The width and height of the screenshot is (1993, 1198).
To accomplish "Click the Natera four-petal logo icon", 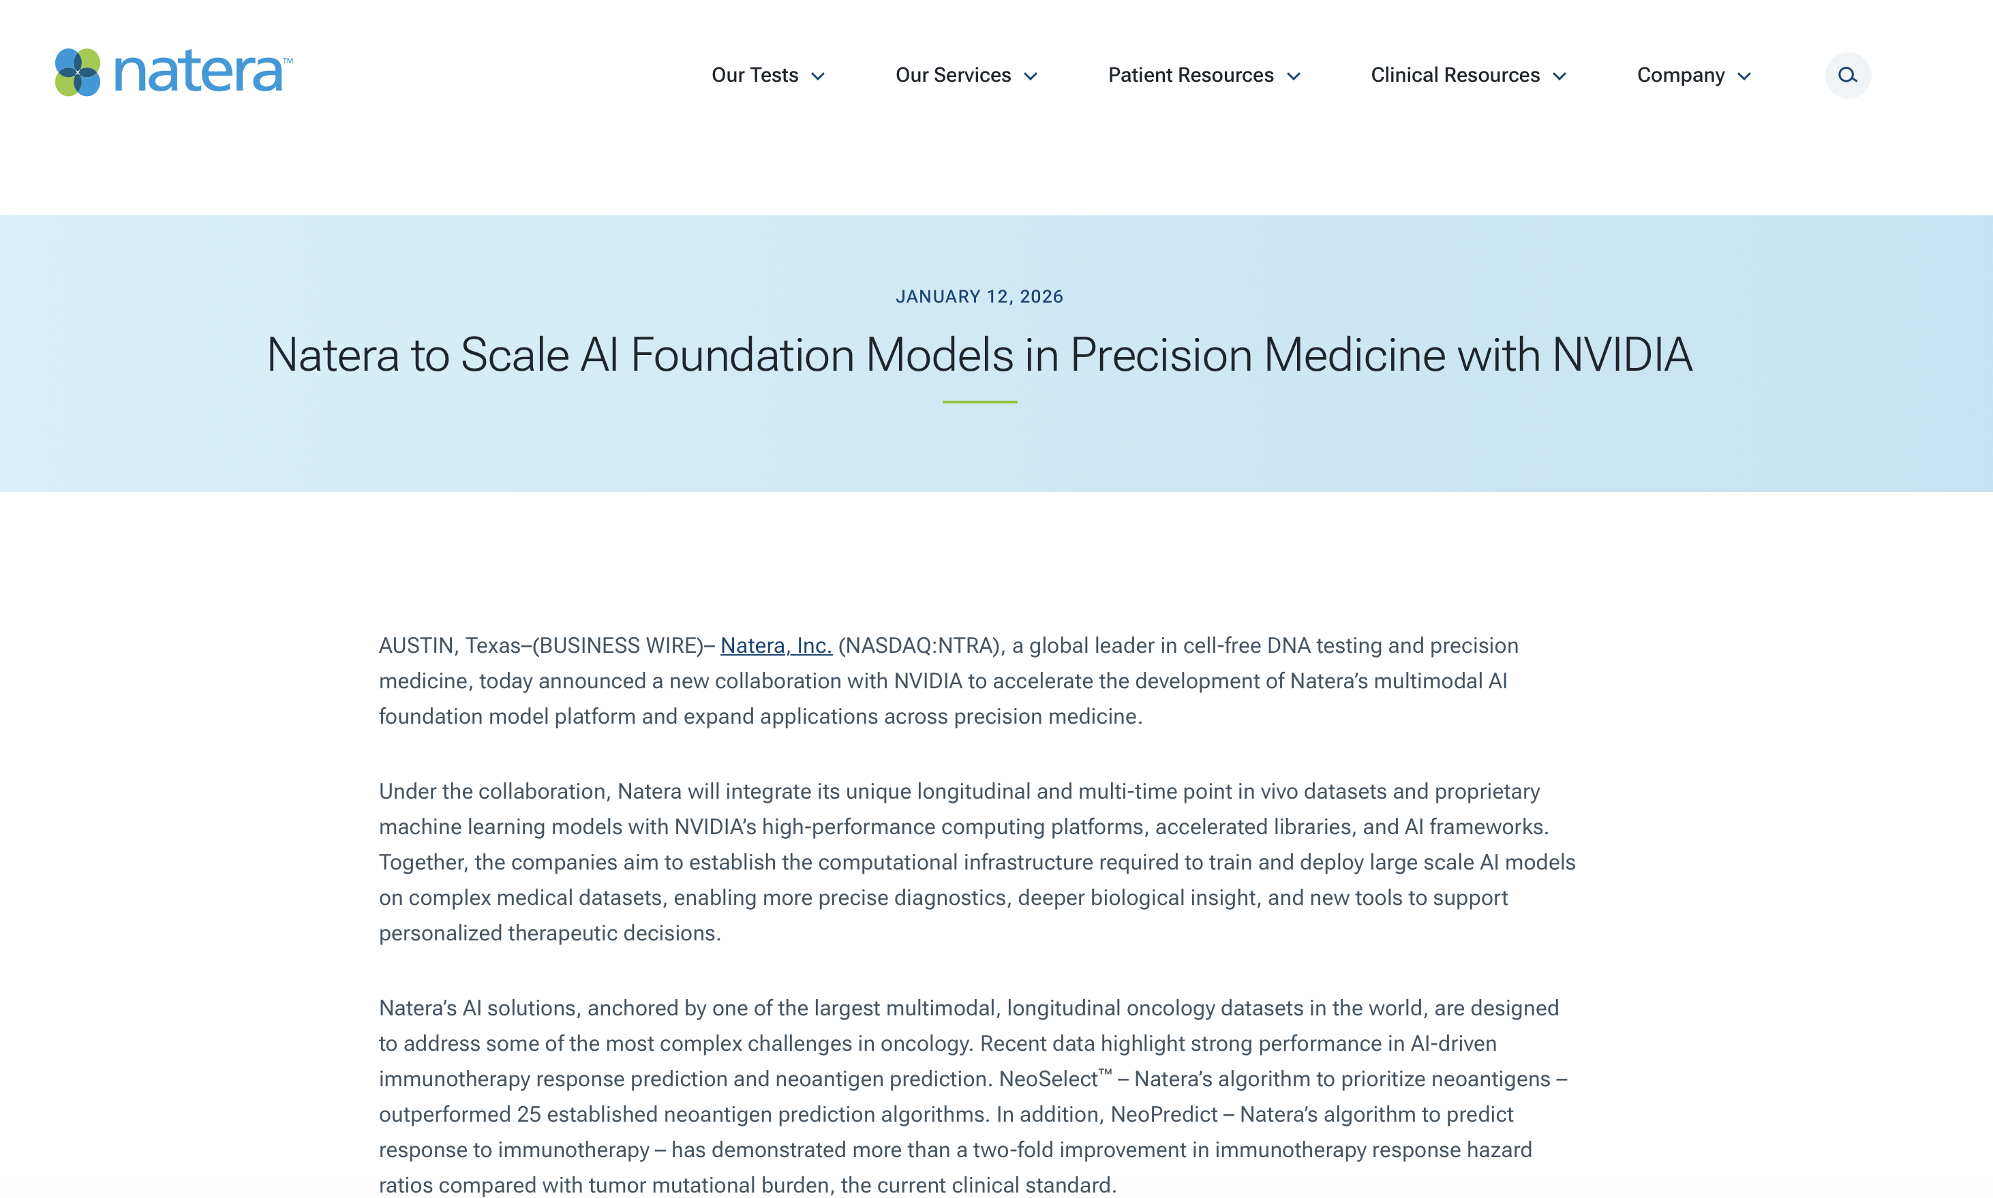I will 78,73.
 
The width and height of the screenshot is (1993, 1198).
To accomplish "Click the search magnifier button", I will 1847,75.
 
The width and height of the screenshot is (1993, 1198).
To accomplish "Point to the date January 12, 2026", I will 979,296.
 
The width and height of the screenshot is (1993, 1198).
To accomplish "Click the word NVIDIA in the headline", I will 1622,355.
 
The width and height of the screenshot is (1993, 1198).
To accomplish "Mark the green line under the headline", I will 979,401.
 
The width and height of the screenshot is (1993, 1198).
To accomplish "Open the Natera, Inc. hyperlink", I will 776,646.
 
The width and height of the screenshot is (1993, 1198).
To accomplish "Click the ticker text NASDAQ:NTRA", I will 919,646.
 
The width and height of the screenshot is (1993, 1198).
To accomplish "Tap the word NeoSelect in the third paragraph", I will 1048,1079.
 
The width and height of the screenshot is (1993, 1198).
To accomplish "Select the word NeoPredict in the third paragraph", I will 1163,1115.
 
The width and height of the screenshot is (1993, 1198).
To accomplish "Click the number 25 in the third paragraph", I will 528,1115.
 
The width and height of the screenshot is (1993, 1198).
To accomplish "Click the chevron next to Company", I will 1744,77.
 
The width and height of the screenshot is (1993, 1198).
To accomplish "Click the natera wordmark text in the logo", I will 198,73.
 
